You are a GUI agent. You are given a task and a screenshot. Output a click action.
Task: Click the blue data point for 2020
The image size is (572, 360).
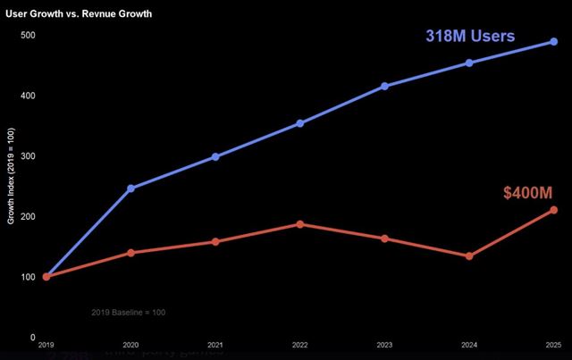point(130,188)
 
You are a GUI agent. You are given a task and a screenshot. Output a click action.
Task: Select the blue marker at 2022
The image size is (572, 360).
point(300,123)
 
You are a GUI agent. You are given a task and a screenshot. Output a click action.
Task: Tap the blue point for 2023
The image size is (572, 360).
point(385,86)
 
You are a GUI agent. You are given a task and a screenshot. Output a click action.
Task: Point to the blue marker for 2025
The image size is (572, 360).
point(554,41)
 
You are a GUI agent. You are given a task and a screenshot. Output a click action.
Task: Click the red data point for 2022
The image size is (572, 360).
point(300,224)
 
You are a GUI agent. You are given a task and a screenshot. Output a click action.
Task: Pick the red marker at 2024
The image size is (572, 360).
point(469,256)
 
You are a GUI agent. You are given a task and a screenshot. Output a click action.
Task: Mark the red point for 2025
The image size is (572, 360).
point(554,210)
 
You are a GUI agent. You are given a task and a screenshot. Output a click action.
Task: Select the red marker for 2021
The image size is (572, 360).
point(215,241)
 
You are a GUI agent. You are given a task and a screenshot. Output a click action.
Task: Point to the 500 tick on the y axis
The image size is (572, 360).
point(29,36)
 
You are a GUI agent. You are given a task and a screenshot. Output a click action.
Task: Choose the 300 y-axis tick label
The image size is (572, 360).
point(29,156)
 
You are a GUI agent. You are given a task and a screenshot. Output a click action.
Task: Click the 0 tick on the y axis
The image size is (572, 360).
point(32,338)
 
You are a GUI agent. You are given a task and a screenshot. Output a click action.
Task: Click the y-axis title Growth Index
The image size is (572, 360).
point(11,179)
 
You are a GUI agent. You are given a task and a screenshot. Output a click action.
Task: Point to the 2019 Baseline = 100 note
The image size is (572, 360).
point(129,312)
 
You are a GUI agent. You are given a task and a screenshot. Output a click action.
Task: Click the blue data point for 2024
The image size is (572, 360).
point(469,63)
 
